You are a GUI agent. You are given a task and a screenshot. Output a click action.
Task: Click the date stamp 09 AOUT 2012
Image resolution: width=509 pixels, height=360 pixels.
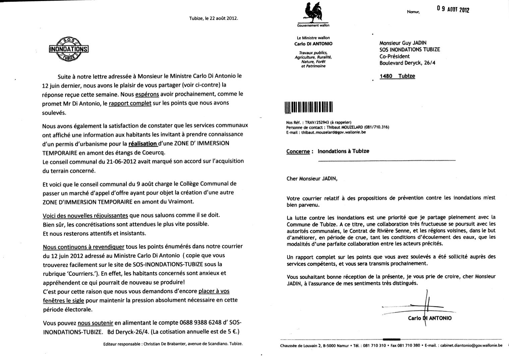tap(453, 9)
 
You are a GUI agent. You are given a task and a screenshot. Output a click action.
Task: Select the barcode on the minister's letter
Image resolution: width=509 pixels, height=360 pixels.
tap(308, 107)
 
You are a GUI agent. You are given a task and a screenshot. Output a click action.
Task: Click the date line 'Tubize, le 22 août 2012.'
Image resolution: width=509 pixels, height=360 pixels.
tap(213, 18)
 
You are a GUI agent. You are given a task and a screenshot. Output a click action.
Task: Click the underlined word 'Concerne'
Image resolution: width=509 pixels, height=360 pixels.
tap(298, 151)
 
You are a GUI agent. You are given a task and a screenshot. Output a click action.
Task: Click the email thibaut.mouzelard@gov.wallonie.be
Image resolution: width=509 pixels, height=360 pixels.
tap(333, 132)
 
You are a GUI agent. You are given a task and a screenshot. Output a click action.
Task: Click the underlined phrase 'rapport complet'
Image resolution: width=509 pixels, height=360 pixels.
tap(130, 103)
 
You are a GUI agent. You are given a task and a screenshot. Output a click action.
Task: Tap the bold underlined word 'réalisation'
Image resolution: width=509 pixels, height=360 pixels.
tap(143, 143)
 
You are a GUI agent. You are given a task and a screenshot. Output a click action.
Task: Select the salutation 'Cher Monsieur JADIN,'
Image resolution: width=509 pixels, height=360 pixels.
tap(312, 179)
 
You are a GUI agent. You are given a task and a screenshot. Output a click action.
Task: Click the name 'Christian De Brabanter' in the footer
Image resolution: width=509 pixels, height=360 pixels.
tap(162, 344)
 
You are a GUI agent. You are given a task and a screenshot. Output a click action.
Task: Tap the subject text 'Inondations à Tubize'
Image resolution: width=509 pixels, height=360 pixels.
tap(343, 151)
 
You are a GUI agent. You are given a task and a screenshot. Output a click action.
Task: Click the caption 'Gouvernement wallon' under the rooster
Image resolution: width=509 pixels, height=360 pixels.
tap(313, 25)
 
